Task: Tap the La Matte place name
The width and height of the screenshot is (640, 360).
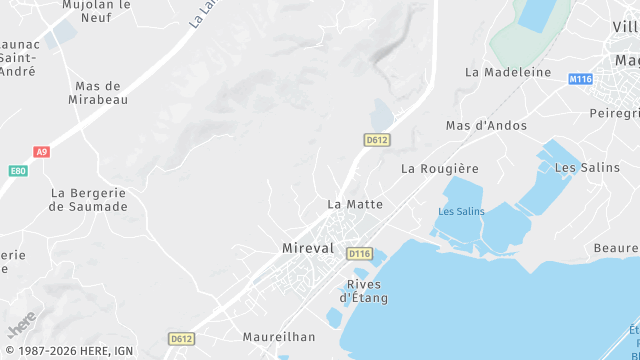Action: point(355,204)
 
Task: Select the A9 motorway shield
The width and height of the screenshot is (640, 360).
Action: point(41,152)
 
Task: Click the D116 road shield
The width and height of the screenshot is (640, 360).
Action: point(359,254)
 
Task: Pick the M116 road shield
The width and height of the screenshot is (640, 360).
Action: point(580,78)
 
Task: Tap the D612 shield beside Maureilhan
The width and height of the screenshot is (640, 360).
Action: point(181,339)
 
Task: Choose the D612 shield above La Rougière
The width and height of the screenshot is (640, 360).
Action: point(376,140)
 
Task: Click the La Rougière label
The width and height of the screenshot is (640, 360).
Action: point(440,169)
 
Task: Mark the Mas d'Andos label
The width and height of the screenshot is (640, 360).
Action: point(486,126)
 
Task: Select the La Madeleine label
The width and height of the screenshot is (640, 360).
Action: point(508,72)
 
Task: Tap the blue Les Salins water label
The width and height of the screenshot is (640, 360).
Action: point(461,211)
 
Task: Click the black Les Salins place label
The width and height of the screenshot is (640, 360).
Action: point(580,167)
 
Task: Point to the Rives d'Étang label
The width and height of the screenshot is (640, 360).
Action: point(364,290)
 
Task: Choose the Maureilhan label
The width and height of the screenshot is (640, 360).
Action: point(279,337)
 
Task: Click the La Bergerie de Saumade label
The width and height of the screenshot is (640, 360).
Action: point(89,199)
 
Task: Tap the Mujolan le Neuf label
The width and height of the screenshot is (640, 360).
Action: point(97,11)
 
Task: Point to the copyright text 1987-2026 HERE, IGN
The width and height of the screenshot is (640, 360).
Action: point(69,351)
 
